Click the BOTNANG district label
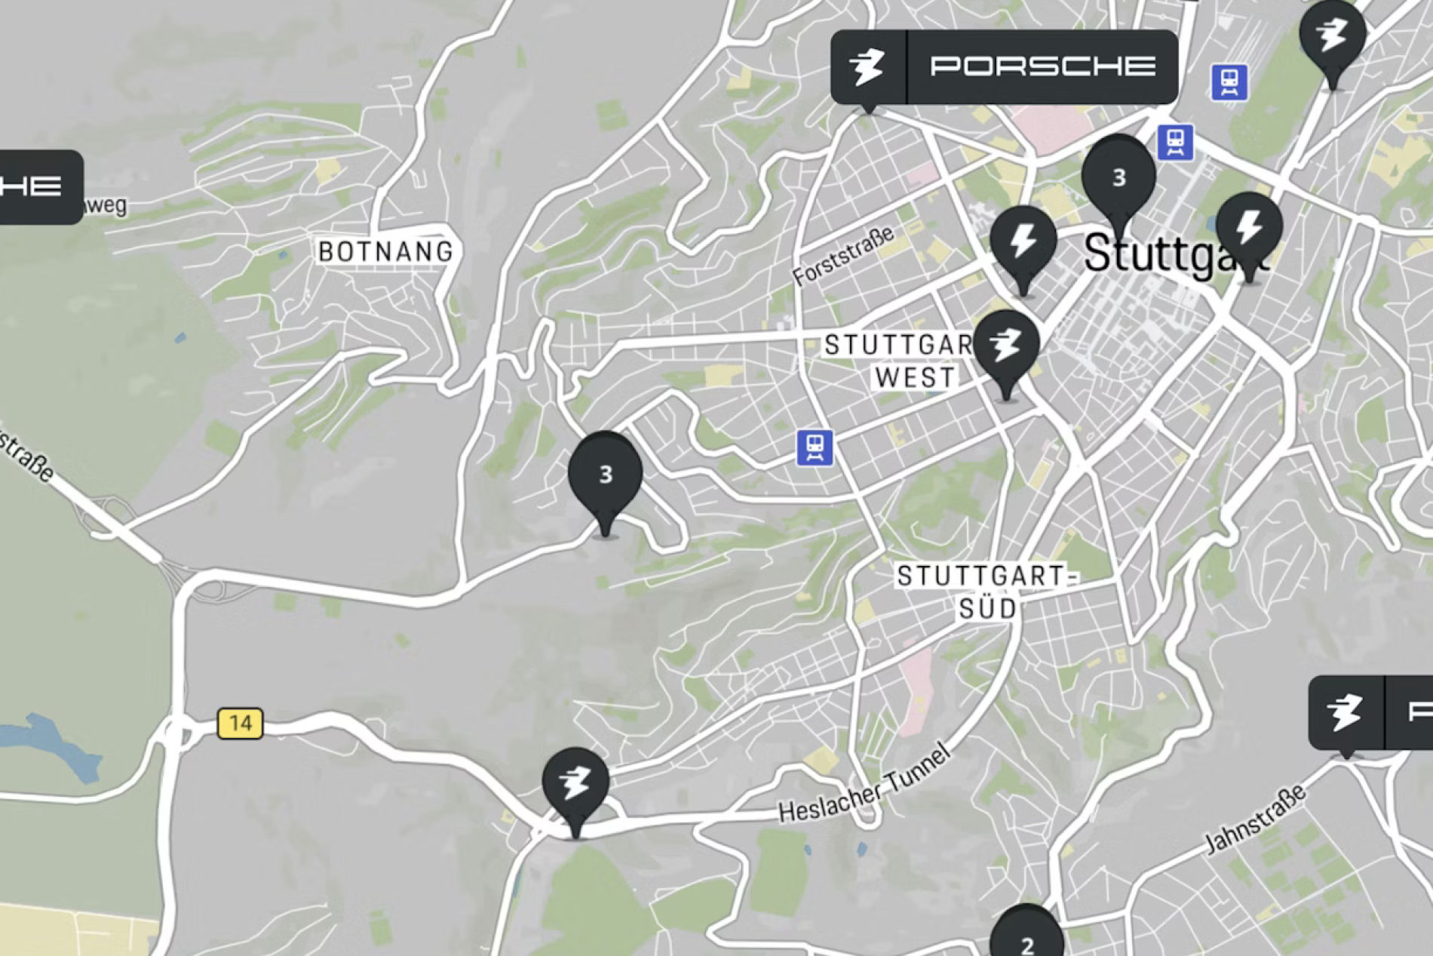tap(385, 251)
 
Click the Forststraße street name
tap(844, 256)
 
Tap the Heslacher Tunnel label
tap(864, 784)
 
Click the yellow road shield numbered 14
tap(240, 723)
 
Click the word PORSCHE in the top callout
tap(1042, 66)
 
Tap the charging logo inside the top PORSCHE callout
tap(867, 66)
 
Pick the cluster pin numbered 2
tap(1026, 939)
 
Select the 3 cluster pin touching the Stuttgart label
tap(1118, 178)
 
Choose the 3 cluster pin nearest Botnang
tap(605, 475)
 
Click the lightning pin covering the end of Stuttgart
tap(1249, 228)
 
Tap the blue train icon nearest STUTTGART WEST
tap(815, 447)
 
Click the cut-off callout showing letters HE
tap(38, 186)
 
